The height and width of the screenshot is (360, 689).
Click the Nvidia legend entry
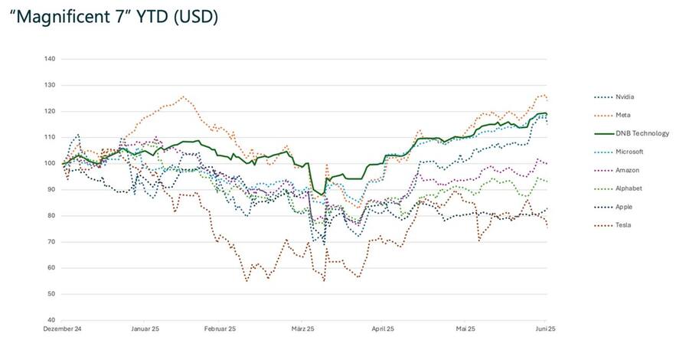pos(625,97)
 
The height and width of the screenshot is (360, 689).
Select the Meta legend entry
pos(622,115)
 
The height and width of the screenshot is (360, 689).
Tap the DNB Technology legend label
pos(642,133)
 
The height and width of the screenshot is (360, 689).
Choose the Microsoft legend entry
pos(629,152)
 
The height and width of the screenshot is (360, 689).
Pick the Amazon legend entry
pos(627,170)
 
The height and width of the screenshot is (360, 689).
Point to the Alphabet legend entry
pos(629,188)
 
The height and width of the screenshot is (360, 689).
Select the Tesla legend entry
pos(623,225)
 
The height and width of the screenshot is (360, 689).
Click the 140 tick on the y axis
pos(50,59)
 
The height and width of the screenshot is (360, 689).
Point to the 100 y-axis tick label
pos(50,163)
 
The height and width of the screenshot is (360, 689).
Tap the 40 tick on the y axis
pos(51,319)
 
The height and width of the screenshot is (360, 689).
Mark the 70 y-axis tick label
pos(51,241)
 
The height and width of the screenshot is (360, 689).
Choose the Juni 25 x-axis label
pos(544,329)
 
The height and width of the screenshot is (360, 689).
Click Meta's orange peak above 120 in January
pos(182,97)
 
